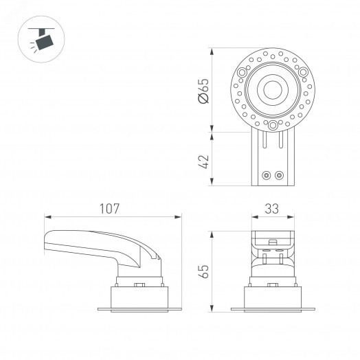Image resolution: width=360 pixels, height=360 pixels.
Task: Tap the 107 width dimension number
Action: tap(109, 207)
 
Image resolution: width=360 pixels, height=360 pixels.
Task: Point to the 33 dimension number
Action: tap(273, 207)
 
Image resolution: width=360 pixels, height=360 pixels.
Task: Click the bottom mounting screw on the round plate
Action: tap(273, 125)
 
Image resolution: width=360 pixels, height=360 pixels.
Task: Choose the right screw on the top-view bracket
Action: tap(279, 175)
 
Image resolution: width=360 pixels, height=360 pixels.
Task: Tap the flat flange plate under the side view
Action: tap(137, 307)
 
